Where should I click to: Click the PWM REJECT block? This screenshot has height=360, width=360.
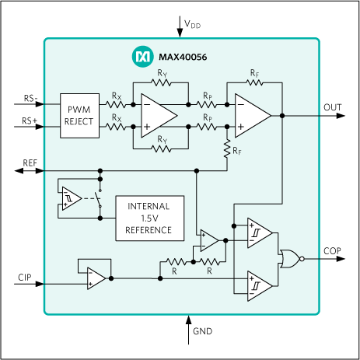coord(80,114)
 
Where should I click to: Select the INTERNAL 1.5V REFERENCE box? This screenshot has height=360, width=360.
coord(149,218)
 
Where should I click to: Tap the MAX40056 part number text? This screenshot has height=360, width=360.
coord(180,57)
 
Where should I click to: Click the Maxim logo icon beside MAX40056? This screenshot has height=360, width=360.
coord(143,57)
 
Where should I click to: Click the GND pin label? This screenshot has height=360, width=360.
coord(201,332)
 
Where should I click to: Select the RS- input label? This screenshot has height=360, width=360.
coord(30,99)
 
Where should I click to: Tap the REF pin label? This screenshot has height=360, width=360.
coord(30,163)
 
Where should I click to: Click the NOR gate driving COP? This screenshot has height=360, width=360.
coord(289,258)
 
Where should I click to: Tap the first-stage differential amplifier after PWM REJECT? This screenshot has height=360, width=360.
coord(159,114)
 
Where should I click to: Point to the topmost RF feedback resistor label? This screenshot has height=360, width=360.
coord(254,73)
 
